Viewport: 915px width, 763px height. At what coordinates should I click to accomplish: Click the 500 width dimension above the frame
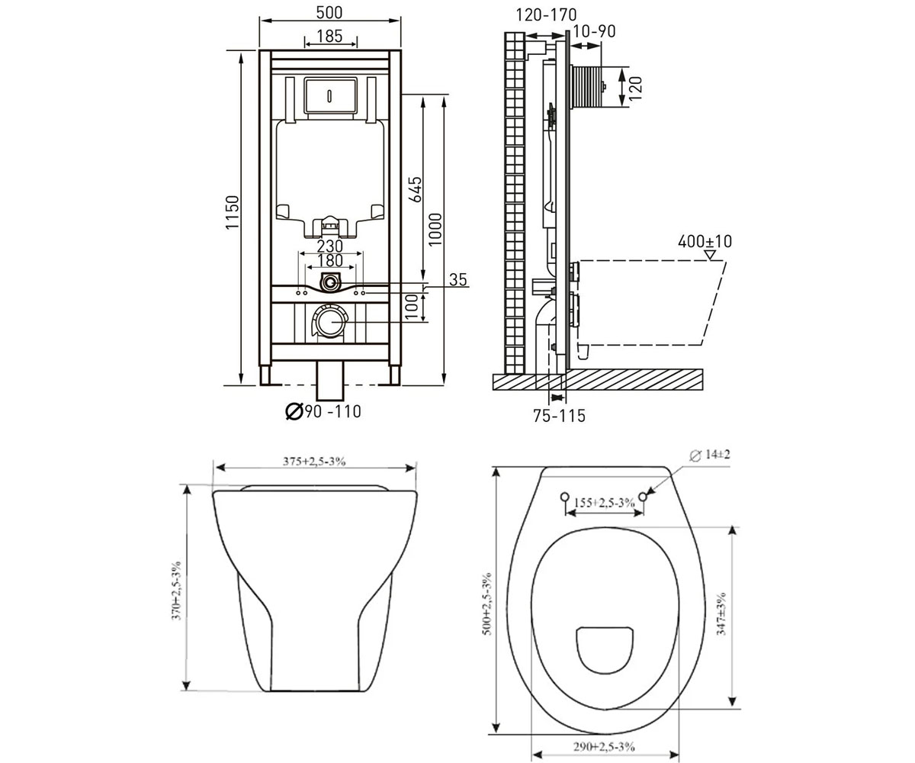[x=329, y=13]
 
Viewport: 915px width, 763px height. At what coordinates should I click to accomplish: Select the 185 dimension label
[x=329, y=36]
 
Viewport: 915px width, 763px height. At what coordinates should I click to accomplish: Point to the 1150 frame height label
[x=232, y=212]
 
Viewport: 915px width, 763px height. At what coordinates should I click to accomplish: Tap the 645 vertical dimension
[x=416, y=189]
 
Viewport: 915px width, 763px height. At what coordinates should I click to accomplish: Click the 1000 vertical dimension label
[x=435, y=230]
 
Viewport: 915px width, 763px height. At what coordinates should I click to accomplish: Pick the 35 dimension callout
[x=458, y=279]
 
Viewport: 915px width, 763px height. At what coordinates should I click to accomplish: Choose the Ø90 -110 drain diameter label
[x=323, y=411]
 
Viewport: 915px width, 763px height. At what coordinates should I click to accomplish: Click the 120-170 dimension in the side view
[x=546, y=15]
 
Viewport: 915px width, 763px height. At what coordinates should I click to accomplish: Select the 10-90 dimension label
[x=594, y=31]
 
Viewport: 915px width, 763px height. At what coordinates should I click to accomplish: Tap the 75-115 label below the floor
[x=559, y=416]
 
